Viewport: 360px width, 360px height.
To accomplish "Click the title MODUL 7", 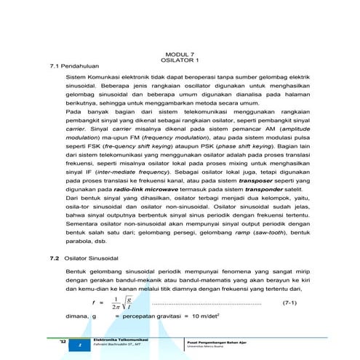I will coord(180,54).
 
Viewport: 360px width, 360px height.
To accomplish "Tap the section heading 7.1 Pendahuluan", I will coord(68,65).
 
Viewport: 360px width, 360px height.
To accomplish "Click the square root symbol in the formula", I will coord(127,303).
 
